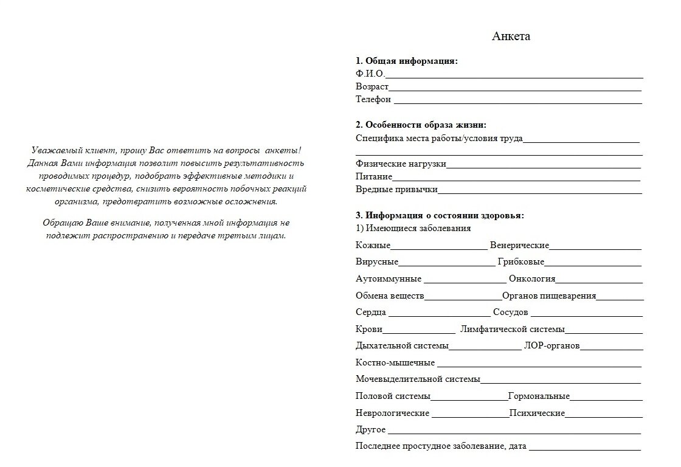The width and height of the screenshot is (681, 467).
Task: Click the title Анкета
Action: [511, 36]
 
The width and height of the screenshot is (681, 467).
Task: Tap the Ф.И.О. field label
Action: [370, 74]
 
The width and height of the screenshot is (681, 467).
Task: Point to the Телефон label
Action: [373, 99]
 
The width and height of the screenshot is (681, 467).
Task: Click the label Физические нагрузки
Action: [401, 164]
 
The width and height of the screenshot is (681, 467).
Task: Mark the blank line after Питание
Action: [516, 179]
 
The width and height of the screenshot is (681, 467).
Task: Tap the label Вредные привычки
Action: [396, 190]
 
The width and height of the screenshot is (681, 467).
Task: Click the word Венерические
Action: [519, 245]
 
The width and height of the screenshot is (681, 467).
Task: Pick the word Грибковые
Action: [520, 262]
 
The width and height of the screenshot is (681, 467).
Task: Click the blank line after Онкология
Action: [599, 282]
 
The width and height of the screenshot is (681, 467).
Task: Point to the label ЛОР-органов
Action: [551, 346]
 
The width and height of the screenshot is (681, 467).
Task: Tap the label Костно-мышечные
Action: [395, 363]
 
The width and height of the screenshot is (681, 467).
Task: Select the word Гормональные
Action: [539, 396]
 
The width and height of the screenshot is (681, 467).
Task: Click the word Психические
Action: [537, 413]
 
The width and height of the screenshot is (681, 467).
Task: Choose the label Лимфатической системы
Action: [513, 330]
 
